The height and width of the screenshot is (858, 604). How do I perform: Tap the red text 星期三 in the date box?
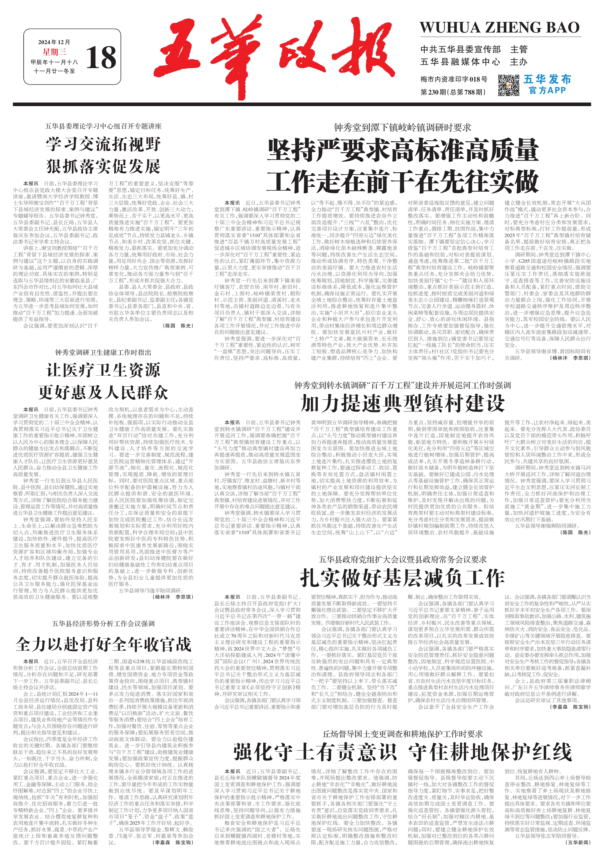(x=54, y=52)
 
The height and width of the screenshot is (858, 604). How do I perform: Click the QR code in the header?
(x=508, y=85)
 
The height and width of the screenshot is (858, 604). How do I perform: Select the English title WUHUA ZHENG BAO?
(x=499, y=28)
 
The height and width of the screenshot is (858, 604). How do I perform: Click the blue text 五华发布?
(x=547, y=79)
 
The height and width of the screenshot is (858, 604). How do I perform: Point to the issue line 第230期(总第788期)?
(x=453, y=92)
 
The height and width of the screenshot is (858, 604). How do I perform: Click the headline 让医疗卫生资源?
(x=104, y=370)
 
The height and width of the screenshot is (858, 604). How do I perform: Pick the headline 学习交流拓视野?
(x=104, y=144)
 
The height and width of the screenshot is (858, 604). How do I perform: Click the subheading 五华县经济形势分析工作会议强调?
(x=104, y=623)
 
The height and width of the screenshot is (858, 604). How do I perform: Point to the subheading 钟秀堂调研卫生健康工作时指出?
(x=104, y=353)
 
